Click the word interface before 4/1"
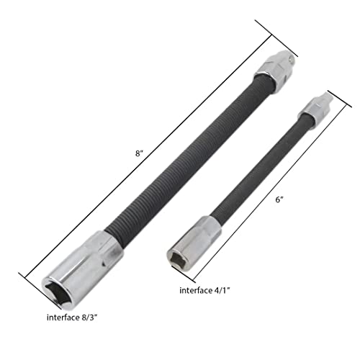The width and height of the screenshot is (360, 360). (199, 290)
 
